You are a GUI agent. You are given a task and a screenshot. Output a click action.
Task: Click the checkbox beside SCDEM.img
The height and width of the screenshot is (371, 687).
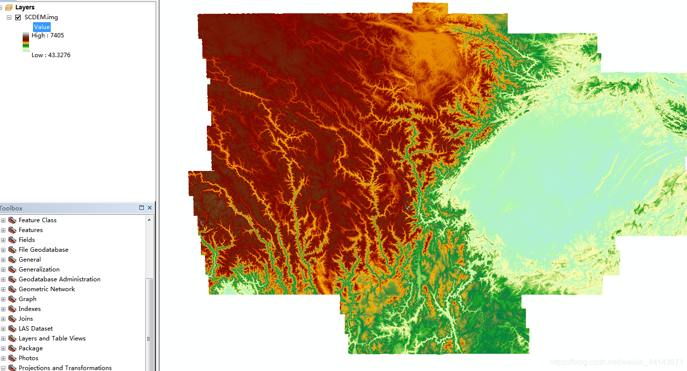point(18,17)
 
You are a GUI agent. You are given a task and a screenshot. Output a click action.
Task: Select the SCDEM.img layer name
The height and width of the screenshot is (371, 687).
point(41,17)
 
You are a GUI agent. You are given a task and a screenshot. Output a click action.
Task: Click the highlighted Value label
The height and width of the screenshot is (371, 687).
point(42,27)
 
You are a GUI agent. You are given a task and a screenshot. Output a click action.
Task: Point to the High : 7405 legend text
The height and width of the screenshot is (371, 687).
point(48,35)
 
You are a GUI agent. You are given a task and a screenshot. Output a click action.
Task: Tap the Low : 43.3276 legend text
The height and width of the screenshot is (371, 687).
point(51,55)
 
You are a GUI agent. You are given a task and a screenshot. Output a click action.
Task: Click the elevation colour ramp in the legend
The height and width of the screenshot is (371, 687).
point(26,42)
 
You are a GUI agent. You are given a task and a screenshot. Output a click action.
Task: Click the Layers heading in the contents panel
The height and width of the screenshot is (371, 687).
point(25,7)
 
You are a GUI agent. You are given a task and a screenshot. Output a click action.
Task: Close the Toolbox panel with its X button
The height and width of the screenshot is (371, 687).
point(150,208)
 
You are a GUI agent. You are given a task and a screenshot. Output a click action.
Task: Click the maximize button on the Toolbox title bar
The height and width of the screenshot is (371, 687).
point(141,208)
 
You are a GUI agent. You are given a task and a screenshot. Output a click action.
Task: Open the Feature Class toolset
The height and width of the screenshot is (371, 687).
point(37,220)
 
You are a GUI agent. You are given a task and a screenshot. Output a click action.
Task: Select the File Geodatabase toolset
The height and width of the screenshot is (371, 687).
point(43,250)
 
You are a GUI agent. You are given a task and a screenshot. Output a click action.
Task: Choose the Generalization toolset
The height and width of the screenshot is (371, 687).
point(39,270)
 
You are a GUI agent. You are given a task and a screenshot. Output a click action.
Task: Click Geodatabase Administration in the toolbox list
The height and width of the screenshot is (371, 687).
point(59,279)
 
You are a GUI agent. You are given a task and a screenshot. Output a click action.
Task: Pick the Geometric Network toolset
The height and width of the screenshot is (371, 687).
point(47,289)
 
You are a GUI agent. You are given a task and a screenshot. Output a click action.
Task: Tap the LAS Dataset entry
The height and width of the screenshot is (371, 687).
point(35,329)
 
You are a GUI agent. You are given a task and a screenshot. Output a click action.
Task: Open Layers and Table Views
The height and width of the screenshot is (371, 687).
point(52,338)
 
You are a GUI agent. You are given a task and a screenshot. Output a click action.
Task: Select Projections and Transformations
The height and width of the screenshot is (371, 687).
point(65,368)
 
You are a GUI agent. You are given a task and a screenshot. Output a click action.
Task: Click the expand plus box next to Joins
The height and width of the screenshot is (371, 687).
point(3,319)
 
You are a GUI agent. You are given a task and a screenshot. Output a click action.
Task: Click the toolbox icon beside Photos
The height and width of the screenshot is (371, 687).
point(12,358)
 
